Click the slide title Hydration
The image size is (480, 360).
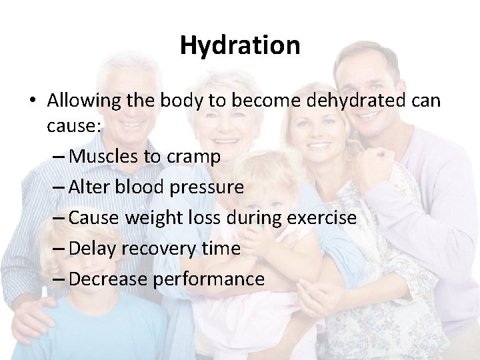[240, 45]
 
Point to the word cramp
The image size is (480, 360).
[197, 157]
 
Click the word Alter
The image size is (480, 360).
[89, 187]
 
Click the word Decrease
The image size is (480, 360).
[108, 279]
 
